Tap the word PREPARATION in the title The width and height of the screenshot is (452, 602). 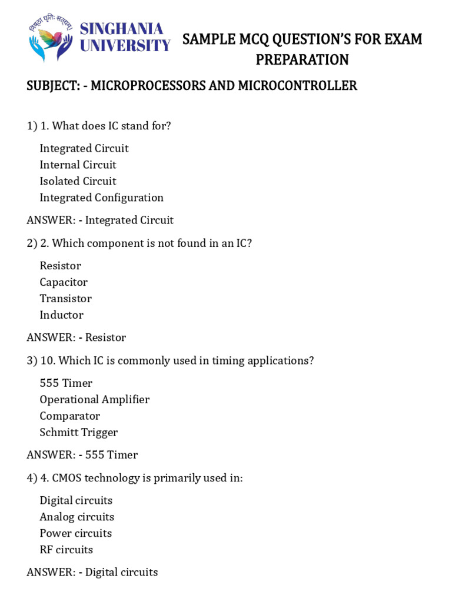pyautogui.click(x=302, y=59)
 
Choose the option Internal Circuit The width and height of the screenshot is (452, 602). pyautogui.click(x=78, y=165)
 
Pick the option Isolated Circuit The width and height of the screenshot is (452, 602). pyautogui.click(x=78, y=181)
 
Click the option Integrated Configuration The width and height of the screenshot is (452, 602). pyautogui.click(x=101, y=198)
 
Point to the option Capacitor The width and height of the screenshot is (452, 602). pyautogui.click(x=64, y=282)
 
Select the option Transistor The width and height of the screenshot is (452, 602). pyautogui.click(x=65, y=299)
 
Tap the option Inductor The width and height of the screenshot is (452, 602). pyautogui.click(x=61, y=315)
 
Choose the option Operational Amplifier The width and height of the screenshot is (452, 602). pyautogui.click(x=94, y=400)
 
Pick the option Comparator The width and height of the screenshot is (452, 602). pyautogui.click(x=69, y=416)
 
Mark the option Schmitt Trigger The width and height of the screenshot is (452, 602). pyautogui.click(x=78, y=433)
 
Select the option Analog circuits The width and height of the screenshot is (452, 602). pyautogui.click(x=77, y=517)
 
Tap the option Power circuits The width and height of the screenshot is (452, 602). pyautogui.click(x=75, y=534)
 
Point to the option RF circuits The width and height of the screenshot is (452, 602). pyautogui.click(x=66, y=550)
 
